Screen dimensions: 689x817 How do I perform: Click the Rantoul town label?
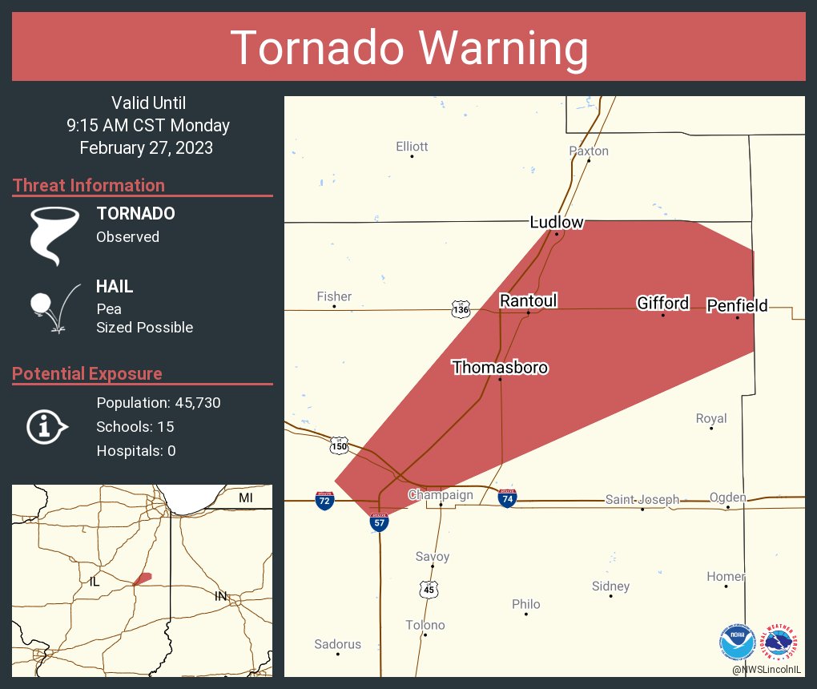(528, 300)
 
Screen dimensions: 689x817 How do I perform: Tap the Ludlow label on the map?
(557, 222)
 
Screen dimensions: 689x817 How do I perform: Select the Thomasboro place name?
(500, 367)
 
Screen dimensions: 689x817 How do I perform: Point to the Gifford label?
(662, 303)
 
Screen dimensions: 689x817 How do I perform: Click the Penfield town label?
(736, 305)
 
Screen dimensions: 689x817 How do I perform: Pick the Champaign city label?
(441, 494)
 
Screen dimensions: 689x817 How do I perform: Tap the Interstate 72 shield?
(324, 501)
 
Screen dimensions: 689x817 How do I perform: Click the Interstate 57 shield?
(379, 522)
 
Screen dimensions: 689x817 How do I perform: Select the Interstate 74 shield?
(507, 498)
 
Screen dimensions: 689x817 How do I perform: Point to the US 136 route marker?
(461, 309)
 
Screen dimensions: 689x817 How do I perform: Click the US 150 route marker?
(340, 445)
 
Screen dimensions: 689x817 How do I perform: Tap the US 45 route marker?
(429, 590)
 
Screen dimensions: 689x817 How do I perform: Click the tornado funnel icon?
(54, 235)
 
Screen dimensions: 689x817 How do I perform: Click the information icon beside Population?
(47, 426)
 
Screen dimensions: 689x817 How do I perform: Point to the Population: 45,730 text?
(158, 402)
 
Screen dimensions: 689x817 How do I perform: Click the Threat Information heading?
(88, 185)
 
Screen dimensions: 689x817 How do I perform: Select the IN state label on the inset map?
(220, 595)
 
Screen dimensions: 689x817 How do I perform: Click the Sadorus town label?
(337, 643)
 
